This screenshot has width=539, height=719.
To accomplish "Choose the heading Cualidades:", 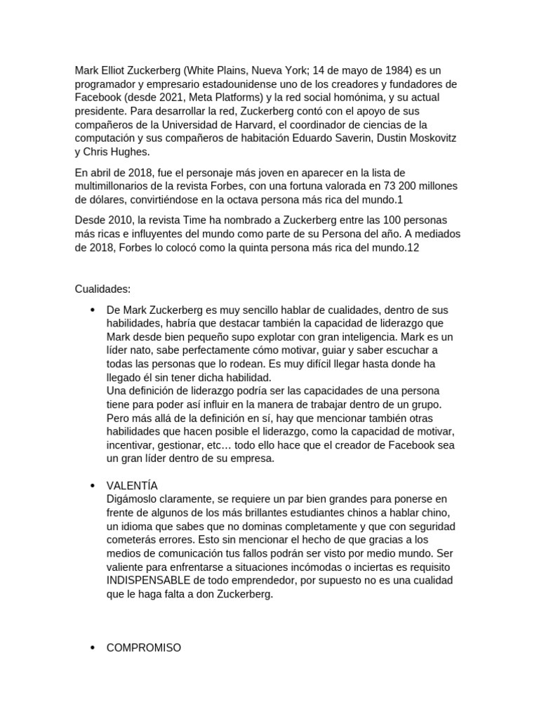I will pos(102,289).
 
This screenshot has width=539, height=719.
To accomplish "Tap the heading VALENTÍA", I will pos(132,486).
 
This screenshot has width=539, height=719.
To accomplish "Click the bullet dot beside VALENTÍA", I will pos(93,486).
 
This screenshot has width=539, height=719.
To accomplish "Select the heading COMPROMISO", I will pos(143,648).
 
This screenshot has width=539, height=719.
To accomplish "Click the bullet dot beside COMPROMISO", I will pos(93,648).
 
